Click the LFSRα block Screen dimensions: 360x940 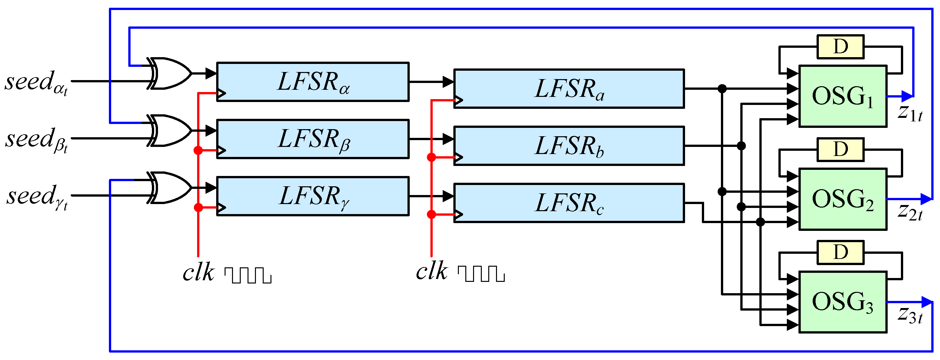click(313, 82)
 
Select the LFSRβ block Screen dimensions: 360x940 click(313, 139)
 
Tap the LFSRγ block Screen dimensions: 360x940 click(313, 196)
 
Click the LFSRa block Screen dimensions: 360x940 click(568, 89)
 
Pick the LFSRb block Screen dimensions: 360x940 click(568, 146)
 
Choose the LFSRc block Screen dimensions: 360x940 click(568, 203)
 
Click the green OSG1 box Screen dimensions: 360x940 click(842, 96)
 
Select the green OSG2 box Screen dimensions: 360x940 click(842, 199)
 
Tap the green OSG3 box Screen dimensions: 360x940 click(842, 302)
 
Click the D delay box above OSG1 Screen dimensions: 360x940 click(840, 47)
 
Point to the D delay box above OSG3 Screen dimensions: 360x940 click(840, 252)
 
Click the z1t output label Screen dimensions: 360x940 click(910, 113)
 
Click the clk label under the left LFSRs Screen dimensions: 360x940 click(198, 273)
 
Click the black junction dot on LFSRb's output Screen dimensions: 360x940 click(741, 146)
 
